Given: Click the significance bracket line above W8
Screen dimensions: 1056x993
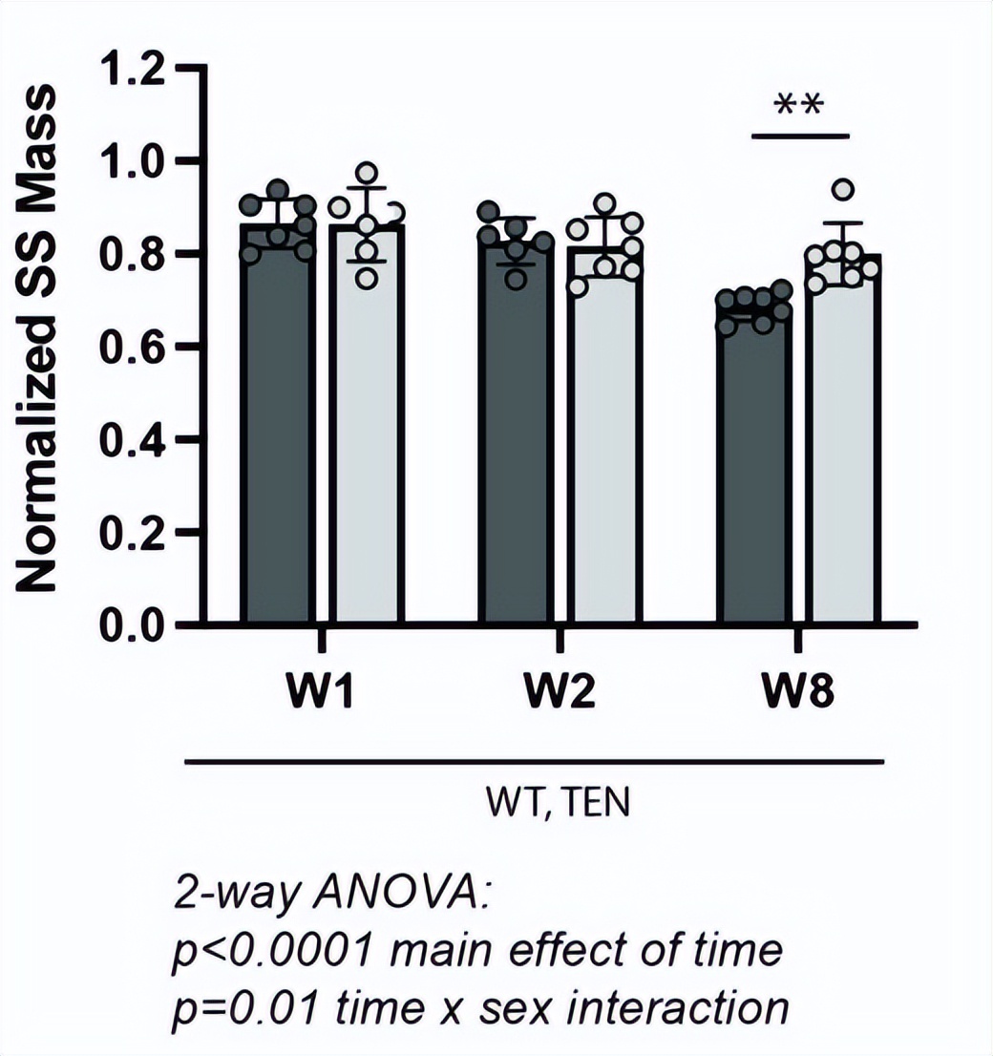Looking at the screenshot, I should coord(799,136).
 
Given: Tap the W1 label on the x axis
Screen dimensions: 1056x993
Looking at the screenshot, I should coord(322,691).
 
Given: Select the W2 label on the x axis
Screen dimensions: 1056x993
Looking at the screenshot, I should coord(560,691).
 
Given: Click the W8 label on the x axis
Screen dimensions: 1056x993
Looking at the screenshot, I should coord(798,691).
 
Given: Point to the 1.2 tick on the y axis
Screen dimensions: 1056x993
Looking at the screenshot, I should coord(136,69).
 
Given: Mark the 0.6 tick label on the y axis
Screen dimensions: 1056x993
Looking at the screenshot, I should coord(136,347).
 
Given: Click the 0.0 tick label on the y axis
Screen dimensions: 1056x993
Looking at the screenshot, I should coord(136,625).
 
